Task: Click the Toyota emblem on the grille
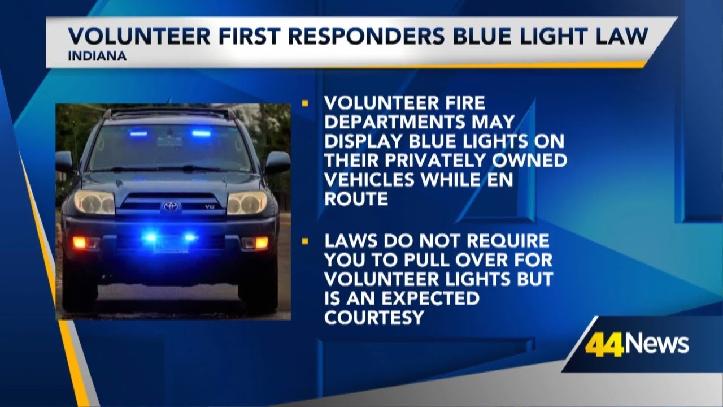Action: point(171,207)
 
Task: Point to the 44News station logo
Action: point(637,344)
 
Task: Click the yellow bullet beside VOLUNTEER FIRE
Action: point(306,103)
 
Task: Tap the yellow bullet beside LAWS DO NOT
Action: point(306,241)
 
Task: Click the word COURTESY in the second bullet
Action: point(374,318)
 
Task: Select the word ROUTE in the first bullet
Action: point(356,199)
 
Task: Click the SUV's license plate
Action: point(171,244)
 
